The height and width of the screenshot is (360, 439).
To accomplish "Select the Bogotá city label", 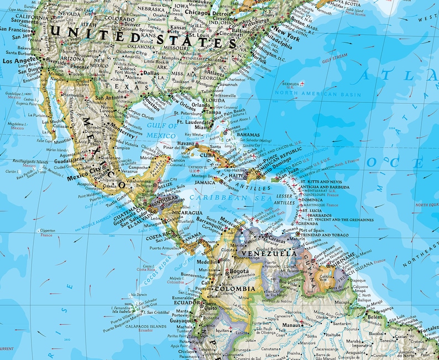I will [240, 272].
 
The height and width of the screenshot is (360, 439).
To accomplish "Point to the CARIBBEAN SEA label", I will [222, 197].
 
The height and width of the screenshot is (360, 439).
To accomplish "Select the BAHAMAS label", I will [248, 134].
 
